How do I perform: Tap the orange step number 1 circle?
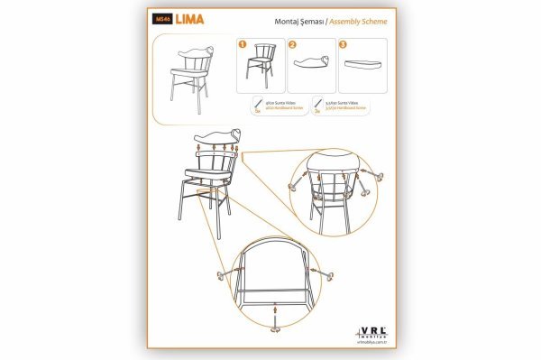(243, 43)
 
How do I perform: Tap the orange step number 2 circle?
(292, 43)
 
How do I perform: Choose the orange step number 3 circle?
(343, 43)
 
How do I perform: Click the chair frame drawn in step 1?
(264, 63)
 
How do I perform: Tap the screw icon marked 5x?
(257, 104)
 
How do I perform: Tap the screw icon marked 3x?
(316, 104)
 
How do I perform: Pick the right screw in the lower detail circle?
(326, 273)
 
